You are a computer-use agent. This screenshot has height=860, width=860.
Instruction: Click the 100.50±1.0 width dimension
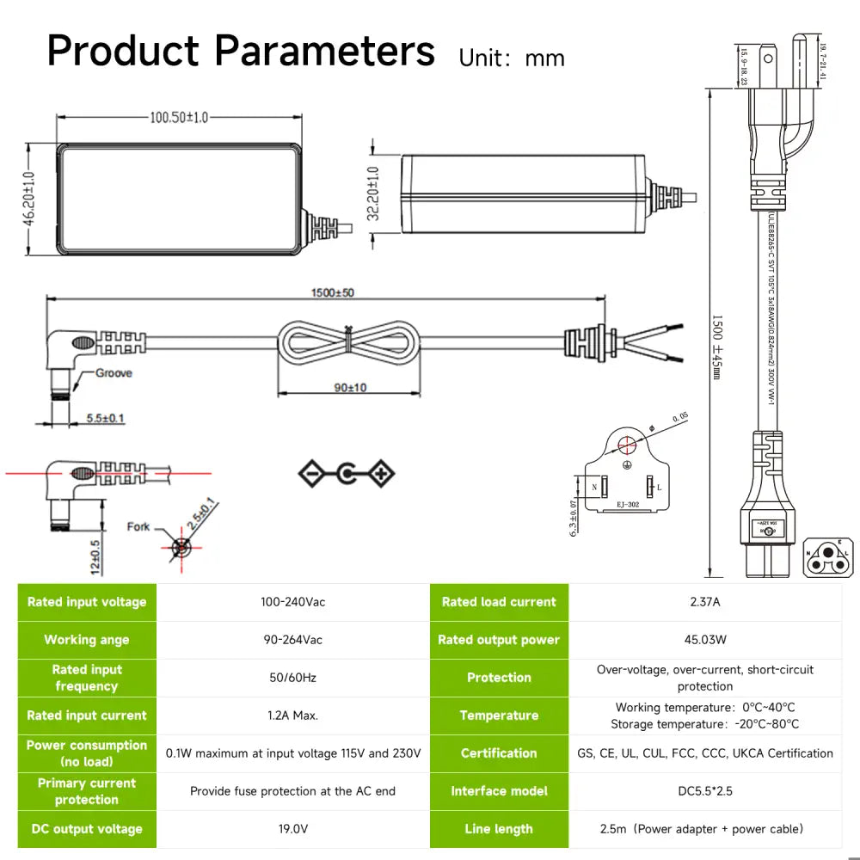pyautogui.click(x=179, y=118)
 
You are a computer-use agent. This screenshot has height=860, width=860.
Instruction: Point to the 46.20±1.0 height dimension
pyautogui.click(x=28, y=199)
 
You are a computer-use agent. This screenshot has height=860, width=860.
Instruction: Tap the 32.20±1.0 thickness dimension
pyautogui.click(x=373, y=193)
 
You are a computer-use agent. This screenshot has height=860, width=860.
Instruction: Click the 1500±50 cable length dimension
pyautogui.click(x=332, y=292)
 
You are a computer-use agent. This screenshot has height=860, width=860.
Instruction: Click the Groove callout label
pyautogui.click(x=114, y=373)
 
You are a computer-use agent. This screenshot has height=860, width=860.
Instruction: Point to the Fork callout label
pyautogui.click(x=138, y=526)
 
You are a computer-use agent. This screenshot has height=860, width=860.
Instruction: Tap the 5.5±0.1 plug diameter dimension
pyautogui.click(x=105, y=419)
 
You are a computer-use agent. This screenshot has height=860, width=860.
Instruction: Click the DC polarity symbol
pyautogui.click(x=347, y=474)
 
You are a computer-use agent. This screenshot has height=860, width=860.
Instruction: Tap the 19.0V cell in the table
pyautogui.click(x=293, y=829)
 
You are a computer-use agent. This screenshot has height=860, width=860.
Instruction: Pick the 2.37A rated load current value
pyautogui.click(x=705, y=602)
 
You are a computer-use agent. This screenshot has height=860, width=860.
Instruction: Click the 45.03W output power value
pyautogui.click(x=705, y=640)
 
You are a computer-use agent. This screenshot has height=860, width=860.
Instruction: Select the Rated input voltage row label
pyautogui.click(x=87, y=602)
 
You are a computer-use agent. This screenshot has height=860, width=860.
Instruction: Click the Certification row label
pyautogui.click(x=499, y=753)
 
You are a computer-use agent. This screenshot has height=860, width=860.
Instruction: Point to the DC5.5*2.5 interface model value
pyautogui.click(x=705, y=791)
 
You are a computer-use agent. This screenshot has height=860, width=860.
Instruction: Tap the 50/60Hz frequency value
pyautogui.click(x=293, y=678)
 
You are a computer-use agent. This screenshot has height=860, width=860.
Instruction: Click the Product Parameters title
pyautogui.click(x=241, y=52)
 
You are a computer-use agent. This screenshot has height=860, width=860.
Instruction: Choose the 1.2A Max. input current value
pyautogui.click(x=293, y=716)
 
